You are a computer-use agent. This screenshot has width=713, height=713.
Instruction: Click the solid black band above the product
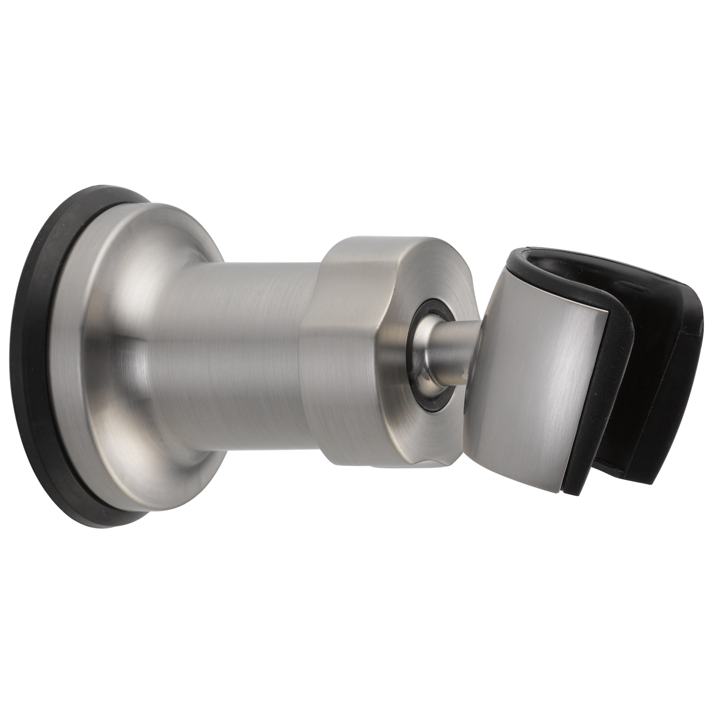point(356,92)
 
